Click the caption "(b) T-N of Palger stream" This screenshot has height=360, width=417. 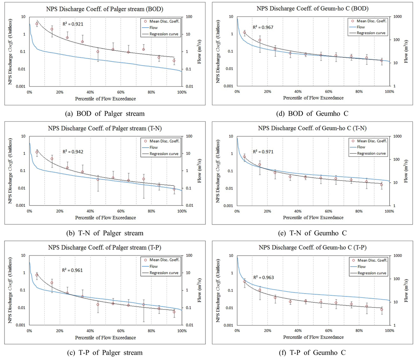tap(105, 233)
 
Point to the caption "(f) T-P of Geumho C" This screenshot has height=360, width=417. tap(312, 353)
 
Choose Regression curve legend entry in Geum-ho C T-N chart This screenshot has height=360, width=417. tap(371, 153)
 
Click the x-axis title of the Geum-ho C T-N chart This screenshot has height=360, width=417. tap(312, 218)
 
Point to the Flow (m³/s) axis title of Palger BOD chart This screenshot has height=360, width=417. tap(200, 51)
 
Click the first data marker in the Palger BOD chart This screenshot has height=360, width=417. tap(37, 24)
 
